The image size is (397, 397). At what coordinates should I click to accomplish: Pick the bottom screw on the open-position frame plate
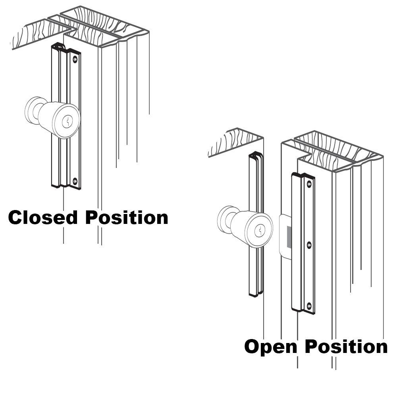coord(309,306)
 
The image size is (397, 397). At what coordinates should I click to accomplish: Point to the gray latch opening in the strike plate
coord(289,237)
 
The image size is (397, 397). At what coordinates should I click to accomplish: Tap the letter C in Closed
coord(15,218)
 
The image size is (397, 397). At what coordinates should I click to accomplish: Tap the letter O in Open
coord(252,347)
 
